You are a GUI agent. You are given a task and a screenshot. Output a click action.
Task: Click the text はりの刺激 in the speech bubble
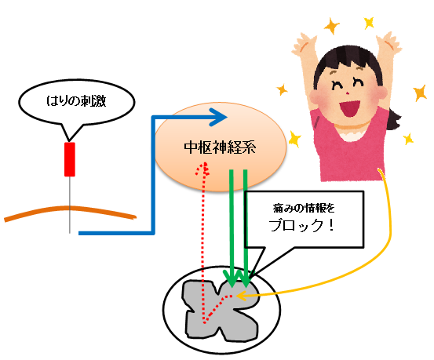click(x=76, y=100)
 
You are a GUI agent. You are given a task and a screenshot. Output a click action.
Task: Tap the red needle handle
click(x=70, y=159)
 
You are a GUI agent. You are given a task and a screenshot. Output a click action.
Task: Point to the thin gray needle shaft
click(x=70, y=205)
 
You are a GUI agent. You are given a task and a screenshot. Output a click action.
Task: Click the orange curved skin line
click(x=70, y=208)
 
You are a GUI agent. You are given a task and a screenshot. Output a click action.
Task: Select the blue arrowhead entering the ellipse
click(x=219, y=118)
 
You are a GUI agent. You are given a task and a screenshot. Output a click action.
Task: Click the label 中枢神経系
click(x=220, y=147)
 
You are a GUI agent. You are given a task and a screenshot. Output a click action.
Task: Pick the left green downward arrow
click(x=232, y=228)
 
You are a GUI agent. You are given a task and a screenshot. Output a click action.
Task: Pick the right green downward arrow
click(x=246, y=228)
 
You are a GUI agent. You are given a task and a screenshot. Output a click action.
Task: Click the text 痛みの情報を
click(x=304, y=208)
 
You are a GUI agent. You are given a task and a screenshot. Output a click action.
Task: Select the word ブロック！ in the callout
click(x=301, y=226)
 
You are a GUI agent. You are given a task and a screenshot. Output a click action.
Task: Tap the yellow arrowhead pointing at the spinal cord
click(x=242, y=296)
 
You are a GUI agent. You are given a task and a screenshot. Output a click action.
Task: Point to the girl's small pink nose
click(x=348, y=92)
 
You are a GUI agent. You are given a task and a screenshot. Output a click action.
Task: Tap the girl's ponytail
click(x=395, y=118)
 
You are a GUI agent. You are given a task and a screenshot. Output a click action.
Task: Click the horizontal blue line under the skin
click(x=115, y=233)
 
